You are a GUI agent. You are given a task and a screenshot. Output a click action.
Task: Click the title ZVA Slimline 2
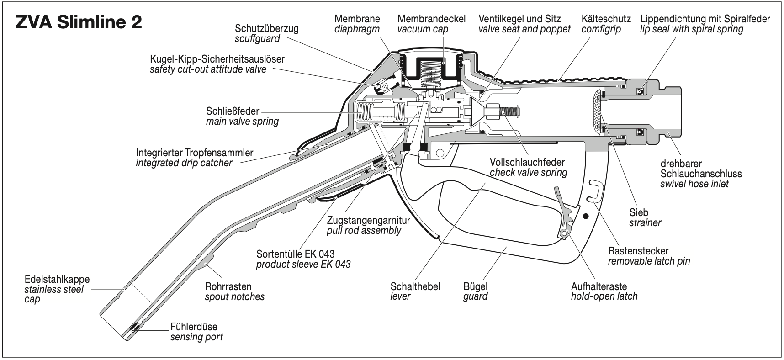click(x=79, y=22)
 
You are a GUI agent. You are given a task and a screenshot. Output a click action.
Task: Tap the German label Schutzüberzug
click(x=266, y=28)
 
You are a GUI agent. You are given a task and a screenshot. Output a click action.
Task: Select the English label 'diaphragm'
click(x=357, y=29)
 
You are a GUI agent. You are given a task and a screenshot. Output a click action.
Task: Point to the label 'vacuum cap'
click(x=423, y=29)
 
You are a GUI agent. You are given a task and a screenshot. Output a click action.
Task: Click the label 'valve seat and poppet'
click(x=524, y=29)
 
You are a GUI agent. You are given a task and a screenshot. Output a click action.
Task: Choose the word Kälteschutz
click(x=606, y=19)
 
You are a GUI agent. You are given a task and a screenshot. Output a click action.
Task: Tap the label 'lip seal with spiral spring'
click(x=692, y=29)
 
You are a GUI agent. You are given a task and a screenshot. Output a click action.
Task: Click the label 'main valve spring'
click(x=242, y=122)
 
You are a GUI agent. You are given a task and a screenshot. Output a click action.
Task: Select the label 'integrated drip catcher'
click(x=184, y=163)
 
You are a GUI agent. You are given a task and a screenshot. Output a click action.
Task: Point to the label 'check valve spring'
click(x=528, y=173)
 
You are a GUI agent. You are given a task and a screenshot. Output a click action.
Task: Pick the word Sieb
click(x=638, y=212)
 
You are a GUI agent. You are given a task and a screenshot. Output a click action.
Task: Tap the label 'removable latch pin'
click(x=649, y=261)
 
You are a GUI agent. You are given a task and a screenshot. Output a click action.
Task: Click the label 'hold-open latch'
click(x=604, y=296)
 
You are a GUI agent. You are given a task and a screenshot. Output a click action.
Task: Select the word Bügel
click(x=475, y=286)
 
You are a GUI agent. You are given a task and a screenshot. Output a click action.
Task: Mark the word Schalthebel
click(x=415, y=286)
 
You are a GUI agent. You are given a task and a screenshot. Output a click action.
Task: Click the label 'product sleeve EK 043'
click(x=303, y=264)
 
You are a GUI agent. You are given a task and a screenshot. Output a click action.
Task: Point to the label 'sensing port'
click(x=196, y=338)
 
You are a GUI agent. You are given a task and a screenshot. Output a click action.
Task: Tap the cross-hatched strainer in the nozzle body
click(x=598, y=112)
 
